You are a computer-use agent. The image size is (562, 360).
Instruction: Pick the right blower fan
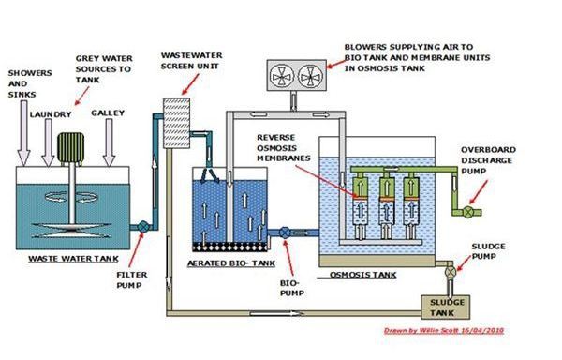pyautogui.click(x=310, y=78)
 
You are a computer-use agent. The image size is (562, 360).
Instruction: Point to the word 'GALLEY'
pyautogui.click(x=107, y=113)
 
